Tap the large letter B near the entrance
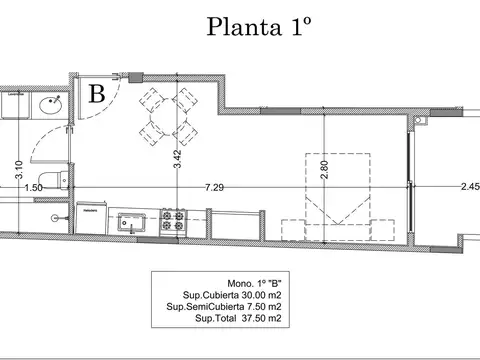pyautogui.click(x=98, y=94)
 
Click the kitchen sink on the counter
pyautogui.click(x=129, y=221)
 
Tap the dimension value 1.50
pyautogui.click(x=33, y=187)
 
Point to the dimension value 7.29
pyautogui.click(x=214, y=187)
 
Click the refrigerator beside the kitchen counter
pyautogui.click(x=92, y=219)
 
